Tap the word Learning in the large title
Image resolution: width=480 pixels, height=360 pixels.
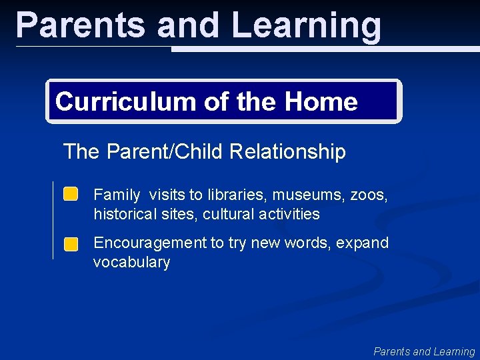tap(306, 25)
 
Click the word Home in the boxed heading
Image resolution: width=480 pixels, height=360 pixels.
tap(321, 102)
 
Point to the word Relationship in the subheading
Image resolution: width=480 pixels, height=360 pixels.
tap(287, 152)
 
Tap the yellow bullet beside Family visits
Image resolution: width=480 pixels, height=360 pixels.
tap(71, 195)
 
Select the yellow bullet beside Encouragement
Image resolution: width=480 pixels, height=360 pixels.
tap(71, 244)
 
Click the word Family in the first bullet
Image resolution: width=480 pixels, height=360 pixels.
tap(117, 195)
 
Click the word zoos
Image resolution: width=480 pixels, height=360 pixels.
tap(367, 195)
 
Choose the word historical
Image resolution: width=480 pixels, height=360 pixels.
tap(123, 215)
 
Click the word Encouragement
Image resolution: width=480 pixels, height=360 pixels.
tap(150, 243)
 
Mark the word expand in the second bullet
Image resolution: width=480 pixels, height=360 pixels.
tap(362, 243)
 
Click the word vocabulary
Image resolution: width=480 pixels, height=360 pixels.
tap(131, 263)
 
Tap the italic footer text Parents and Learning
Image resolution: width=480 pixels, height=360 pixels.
tap(424, 351)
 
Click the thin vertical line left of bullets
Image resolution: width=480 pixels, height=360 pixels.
tap(53, 220)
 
